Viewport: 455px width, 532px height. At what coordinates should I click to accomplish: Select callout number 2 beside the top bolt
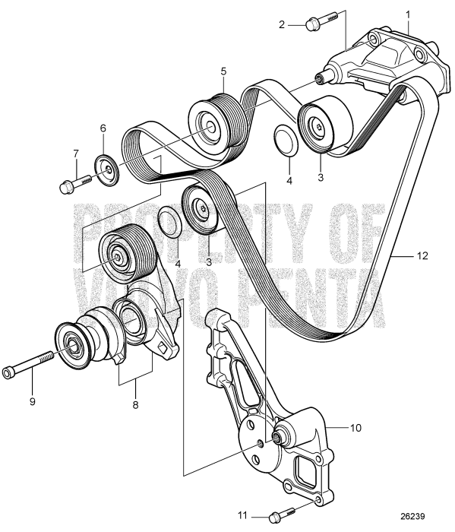(x=283, y=25)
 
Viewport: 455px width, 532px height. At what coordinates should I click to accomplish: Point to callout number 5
(x=223, y=71)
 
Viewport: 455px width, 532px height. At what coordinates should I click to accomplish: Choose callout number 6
(x=103, y=130)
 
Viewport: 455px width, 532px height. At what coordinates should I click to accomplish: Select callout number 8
(x=135, y=405)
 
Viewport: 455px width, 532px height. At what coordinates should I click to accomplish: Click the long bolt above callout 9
(x=30, y=371)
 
